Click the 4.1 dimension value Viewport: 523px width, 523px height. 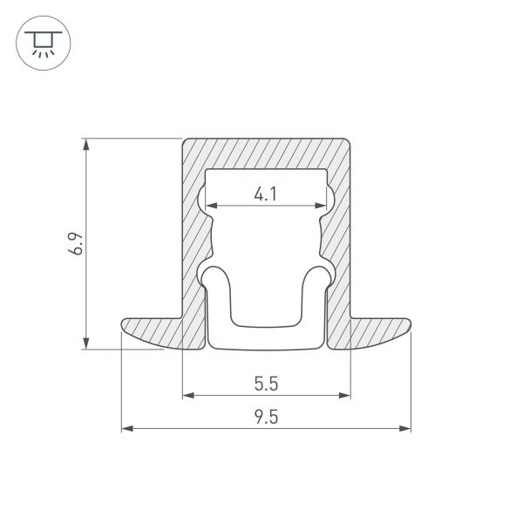(x=266, y=195)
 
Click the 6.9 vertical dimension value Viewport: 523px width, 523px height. (x=77, y=243)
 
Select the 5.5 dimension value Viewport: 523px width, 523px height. (x=266, y=384)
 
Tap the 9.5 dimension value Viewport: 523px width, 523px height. (x=266, y=417)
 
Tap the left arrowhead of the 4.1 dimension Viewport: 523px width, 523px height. (x=210, y=206)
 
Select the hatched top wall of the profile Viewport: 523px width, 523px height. (x=266, y=152)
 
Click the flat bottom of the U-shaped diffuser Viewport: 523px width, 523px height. (x=266, y=337)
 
